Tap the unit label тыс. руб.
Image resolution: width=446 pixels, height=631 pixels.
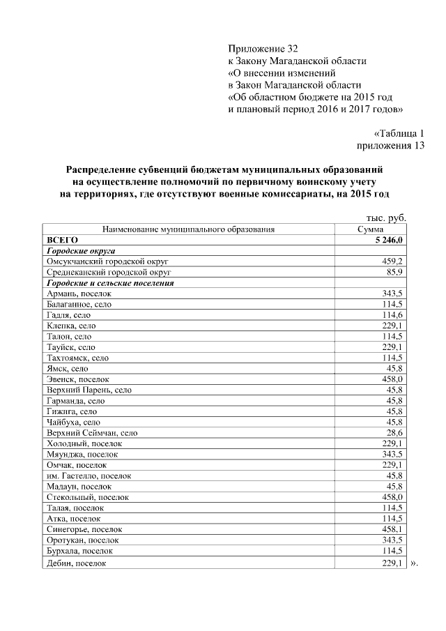pos(386,218)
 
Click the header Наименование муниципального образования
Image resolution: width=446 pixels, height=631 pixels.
pos(188,229)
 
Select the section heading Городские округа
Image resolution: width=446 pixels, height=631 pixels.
pos(80,250)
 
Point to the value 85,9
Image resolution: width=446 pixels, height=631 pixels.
pos(395,272)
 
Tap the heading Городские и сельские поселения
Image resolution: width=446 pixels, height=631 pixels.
pos(109,283)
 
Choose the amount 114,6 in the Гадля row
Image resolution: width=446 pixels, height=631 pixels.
pos(393,314)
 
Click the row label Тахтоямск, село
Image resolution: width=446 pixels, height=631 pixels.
pos(77,358)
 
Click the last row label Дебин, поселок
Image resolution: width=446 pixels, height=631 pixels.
pos(76,563)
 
